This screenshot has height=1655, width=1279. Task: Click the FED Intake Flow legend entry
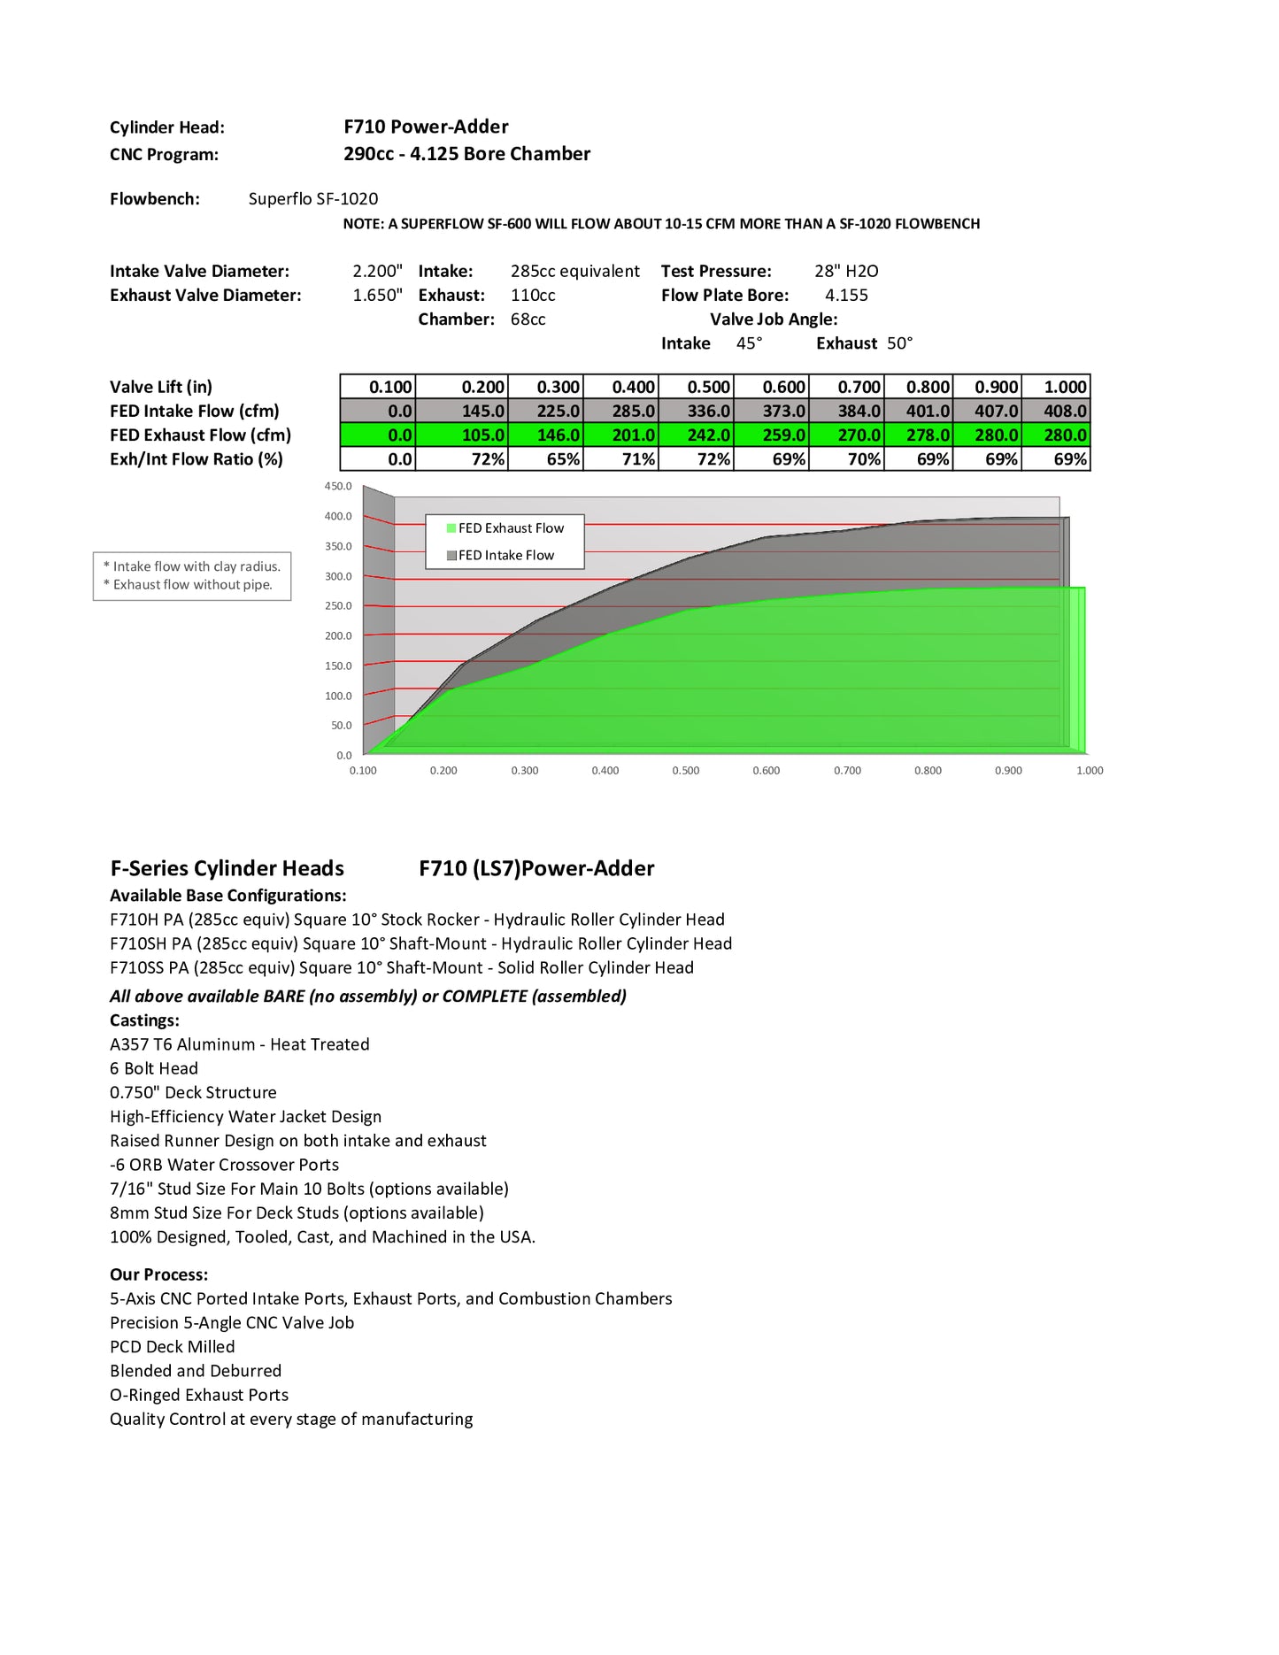pos(500,555)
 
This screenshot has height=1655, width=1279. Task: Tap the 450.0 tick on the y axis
pos(338,486)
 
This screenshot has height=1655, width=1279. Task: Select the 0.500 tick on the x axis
pos(685,771)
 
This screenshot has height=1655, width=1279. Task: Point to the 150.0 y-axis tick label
pos(338,666)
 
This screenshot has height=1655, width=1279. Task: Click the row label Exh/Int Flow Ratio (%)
pos(196,458)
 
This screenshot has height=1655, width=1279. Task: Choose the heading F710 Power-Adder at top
pos(426,127)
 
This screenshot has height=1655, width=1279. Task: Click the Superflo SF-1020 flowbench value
pos(313,198)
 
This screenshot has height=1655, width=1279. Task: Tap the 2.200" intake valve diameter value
pos(377,271)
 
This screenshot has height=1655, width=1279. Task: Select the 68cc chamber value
pos(528,319)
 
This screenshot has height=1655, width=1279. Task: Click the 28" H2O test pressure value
pos(846,271)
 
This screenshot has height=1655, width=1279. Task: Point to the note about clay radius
pos(191,566)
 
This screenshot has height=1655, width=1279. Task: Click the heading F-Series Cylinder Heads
pos(227,868)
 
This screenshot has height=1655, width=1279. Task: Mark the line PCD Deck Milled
pos(173,1346)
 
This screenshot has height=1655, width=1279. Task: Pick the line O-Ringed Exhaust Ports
pos(199,1394)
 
